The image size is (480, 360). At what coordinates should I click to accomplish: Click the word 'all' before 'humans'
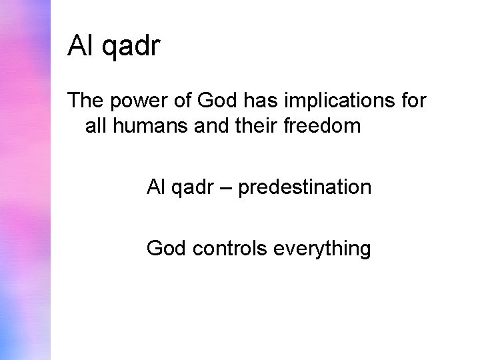pyautogui.click(x=97, y=126)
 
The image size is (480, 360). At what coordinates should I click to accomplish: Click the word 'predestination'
pyautogui.click(x=305, y=187)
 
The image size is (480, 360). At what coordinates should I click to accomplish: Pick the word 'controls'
pyautogui.click(x=223, y=249)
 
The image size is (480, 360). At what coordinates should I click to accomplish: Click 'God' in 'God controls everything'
pyautogui.click(x=167, y=249)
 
